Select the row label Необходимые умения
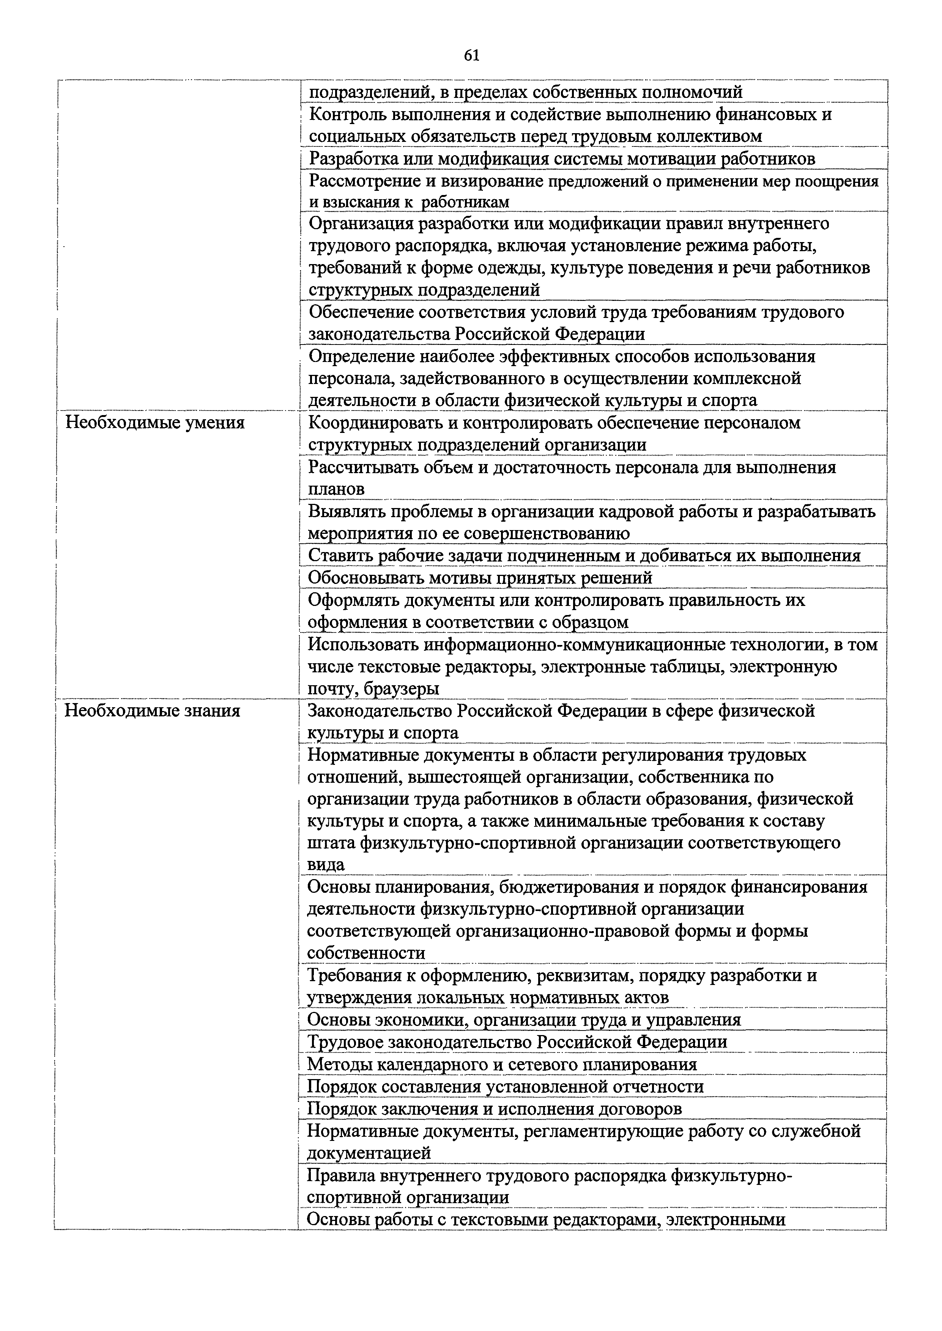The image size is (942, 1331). point(154,423)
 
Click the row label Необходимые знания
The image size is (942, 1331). point(152,710)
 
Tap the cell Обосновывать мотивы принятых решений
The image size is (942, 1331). point(480,577)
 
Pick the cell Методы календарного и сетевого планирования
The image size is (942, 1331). point(502,1064)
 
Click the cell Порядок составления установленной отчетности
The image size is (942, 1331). point(505,1086)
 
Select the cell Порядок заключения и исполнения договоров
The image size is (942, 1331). point(494,1108)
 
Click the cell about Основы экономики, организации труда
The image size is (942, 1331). point(524,1020)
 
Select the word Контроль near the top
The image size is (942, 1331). point(347,114)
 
